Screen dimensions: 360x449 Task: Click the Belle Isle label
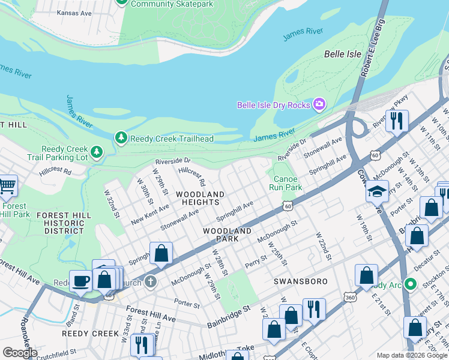point(343,54)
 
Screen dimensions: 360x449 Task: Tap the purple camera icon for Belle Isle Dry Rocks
point(319,105)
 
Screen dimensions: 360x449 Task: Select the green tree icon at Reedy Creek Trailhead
point(121,138)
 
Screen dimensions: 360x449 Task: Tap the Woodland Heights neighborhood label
point(200,199)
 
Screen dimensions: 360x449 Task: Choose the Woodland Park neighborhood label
point(227,235)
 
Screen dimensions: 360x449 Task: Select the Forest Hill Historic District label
point(64,223)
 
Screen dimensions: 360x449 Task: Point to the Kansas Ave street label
point(75,13)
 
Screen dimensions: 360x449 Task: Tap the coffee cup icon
point(80,280)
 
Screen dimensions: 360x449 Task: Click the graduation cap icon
point(378,191)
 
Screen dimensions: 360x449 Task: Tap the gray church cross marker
point(150,281)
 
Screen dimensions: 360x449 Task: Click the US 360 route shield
point(350,297)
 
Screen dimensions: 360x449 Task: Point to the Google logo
point(20,353)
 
